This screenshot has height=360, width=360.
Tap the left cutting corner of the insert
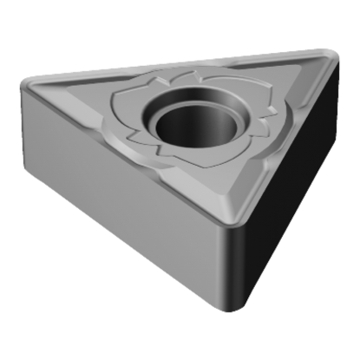(x=31, y=86)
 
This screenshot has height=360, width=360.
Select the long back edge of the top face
(x=173, y=63)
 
